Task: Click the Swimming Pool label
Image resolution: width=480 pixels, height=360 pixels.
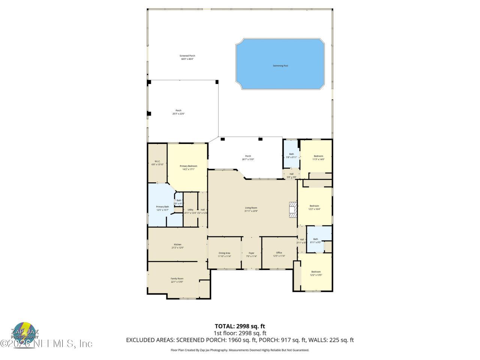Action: pyautogui.click(x=280, y=66)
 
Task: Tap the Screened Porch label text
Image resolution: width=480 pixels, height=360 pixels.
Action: pyautogui.click(x=187, y=57)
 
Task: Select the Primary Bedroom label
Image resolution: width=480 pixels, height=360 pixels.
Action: pyautogui.click(x=188, y=168)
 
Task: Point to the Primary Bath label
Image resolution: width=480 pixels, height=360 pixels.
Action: pyautogui.click(x=162, y=208)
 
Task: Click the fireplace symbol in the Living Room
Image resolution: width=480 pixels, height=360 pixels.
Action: pyautogui.click(x=292, y=209)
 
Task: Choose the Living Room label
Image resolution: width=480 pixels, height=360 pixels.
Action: pyautogui.click(x=251, y=209)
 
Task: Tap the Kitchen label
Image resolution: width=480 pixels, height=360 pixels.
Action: pyautogui.click(x=177, y=246)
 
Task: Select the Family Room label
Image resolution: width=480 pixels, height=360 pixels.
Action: pyautogui.click(x=177, y=280)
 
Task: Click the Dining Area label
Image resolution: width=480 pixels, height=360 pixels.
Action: pyautogui.click(x=224, y=254)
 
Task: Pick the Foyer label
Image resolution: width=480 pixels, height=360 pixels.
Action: pyautogui.click(x=251, y=254)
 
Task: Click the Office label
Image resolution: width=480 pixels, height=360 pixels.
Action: pyautogui.click(x=279, y=254)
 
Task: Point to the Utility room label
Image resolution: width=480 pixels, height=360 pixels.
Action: pyautogui.click(x=190, y=211)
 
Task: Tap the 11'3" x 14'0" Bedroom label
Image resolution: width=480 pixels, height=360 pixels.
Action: pyautogui.click(x=318, y=157)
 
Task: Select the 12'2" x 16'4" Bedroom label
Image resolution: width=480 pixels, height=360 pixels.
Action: pyautogui.click(x=314, y=207)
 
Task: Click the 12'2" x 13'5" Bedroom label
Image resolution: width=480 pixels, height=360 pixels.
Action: pyautogui.click(x=316, y=273)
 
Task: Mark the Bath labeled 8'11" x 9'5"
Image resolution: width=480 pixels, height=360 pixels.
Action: pyautogui.click(x=315, y=241)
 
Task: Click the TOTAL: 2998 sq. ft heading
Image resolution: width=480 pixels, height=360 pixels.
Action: pyautogui.click(x=240, y=326)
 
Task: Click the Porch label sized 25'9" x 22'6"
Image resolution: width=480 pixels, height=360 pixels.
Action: pyautogui.click(x=178, y=112)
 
